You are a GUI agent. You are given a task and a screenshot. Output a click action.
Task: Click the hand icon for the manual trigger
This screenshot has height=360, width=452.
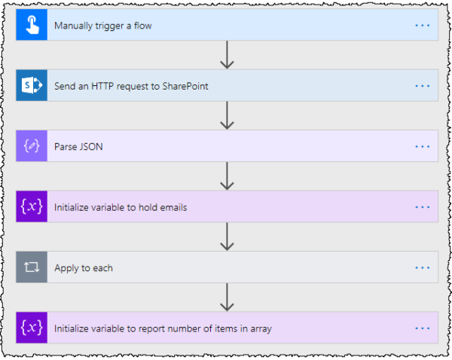pos(31,25)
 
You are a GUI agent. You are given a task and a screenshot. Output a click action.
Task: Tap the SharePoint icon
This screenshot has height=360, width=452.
pos(31,86)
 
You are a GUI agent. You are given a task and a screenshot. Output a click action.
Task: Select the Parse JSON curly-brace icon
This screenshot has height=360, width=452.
pos(31,146)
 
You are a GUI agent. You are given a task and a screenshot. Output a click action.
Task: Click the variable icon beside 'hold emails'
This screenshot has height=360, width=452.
pos(31,206)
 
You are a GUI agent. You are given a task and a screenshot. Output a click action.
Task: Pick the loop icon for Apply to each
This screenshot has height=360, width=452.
pos(31,267)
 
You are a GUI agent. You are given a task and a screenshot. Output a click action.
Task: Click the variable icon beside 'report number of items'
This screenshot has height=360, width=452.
pos(31,328)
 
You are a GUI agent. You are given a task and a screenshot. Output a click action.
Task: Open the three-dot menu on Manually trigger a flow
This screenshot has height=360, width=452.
pos(422,25)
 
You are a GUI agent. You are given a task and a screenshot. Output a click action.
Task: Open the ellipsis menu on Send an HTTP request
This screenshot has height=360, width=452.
pos(422,86)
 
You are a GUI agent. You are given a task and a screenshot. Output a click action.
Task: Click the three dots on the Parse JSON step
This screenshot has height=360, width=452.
pos(422,146)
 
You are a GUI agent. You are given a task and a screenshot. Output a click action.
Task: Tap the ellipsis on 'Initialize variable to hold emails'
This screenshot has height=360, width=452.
pos(422,206)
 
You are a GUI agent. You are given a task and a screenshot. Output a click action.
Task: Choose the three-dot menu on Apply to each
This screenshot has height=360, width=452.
pos(422,267)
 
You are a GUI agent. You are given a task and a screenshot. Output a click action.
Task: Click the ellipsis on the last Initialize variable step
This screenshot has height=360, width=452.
pos(422,328)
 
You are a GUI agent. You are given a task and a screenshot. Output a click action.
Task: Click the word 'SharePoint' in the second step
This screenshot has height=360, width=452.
pos(183,86)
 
